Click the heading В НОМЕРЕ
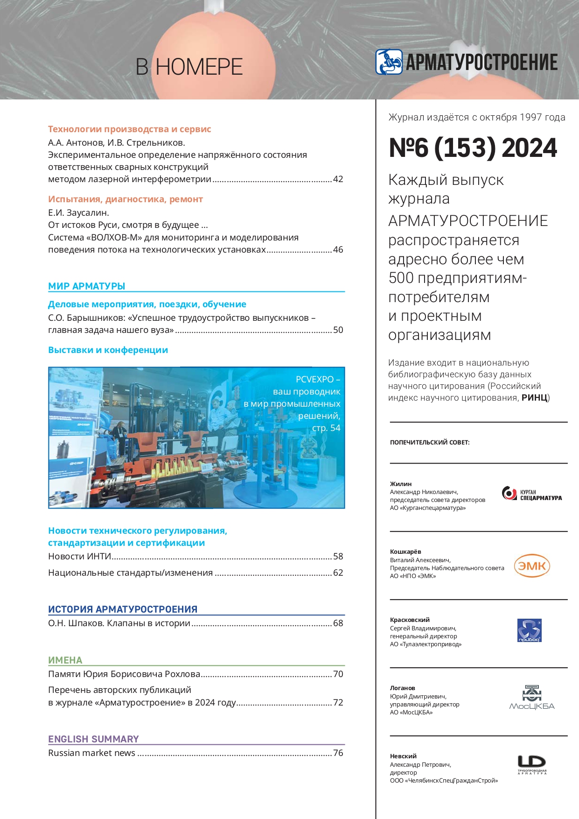[189, 67]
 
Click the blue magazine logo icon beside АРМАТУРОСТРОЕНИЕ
[389, 62]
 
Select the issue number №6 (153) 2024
[473, 148]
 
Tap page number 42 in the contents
[338, 179]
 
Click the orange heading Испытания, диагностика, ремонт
[126, 199]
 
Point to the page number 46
[338, 250]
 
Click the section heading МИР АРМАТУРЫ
[87, 286]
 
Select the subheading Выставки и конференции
[108, 350]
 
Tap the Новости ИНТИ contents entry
[80, 557]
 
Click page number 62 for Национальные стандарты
[338, 573]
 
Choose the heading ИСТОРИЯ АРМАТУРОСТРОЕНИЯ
[123, 609]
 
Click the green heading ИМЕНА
[65, 660]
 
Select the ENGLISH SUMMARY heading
[93, 739]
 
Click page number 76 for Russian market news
[338, 753]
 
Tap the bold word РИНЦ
[534, 398]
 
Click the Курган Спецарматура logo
[531, 494]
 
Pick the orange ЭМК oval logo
[532, 566]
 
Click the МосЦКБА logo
[532, 698]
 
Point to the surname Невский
[403, 756]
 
